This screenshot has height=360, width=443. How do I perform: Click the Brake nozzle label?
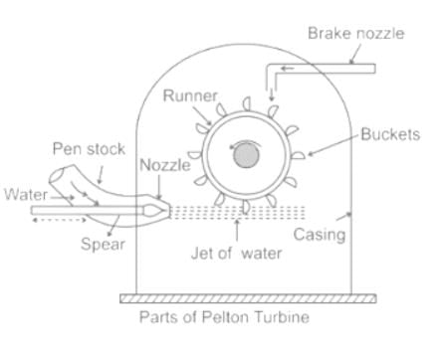point(356,34)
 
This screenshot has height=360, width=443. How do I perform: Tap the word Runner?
point(190,95)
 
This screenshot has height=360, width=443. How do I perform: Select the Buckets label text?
point(390,134)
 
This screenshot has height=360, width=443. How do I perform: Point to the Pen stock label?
point(89,149)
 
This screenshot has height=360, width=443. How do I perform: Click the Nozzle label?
point(165,165)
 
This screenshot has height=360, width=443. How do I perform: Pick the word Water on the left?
point(26,194)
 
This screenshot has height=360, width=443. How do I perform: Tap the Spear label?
point(103,245)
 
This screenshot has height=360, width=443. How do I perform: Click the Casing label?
point(320,235)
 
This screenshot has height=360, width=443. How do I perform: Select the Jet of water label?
point(236,254)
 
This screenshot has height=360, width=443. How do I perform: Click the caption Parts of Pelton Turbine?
point(224,317)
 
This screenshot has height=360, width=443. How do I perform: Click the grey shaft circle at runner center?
point(246,156)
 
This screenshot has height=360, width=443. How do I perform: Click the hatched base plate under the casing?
point(248,298)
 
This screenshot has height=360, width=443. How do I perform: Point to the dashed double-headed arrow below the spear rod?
point(59,220)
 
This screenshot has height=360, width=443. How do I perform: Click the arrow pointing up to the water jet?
point(237,230)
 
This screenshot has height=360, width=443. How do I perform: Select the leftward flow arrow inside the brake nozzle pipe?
point(288,69)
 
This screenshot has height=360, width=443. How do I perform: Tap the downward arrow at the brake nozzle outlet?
point(272,94)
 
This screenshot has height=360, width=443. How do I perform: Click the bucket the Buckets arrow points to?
point(298,155)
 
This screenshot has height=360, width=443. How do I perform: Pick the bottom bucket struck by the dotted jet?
point(246,207)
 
